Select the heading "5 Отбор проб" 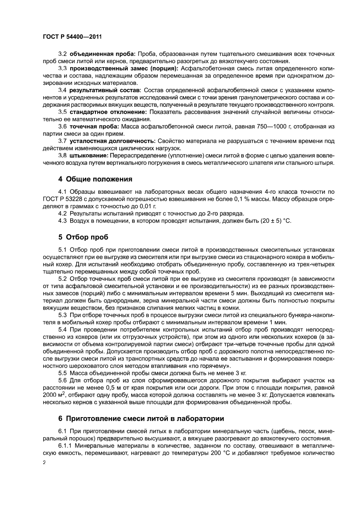pyautogui.click(x=83, y=237)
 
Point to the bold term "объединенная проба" pyautogui.click(x=103, y=54)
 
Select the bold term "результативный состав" pyautogui.click(x=105, y=90)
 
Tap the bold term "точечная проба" pyautogui.click(x=95, y=126)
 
